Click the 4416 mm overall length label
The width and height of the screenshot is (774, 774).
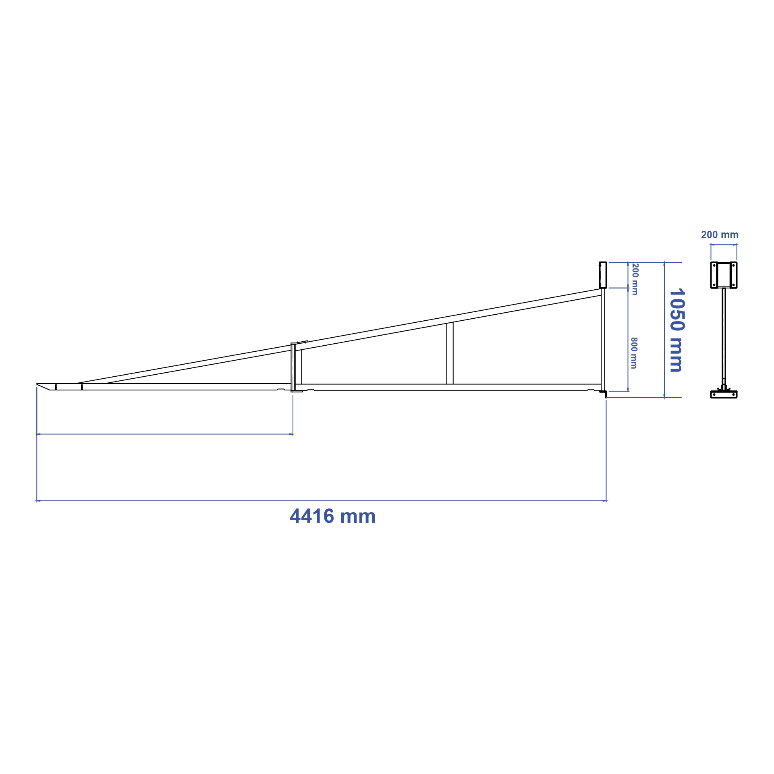(x=333, y=517)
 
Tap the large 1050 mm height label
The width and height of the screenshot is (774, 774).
(x=677, y=330)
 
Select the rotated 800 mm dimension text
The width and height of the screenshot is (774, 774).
(x=634, y=353)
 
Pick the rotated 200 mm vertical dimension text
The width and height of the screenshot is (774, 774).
(x=635, y=279)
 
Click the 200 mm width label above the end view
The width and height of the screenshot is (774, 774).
(x=720, y=235)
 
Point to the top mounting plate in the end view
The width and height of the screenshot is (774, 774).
(x=724, y=275)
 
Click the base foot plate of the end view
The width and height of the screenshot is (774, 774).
(x=724, y=394)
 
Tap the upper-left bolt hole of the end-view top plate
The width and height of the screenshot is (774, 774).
(x=714, y=266)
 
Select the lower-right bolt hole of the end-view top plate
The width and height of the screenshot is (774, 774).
(x=733, y=285)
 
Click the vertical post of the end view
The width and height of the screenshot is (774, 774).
(x=724, y=334)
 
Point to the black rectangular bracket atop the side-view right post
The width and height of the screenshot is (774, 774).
(x=603, y=275)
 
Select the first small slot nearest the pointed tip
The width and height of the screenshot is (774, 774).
(x=56, y=387)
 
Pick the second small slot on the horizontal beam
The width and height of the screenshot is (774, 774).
(x=82, y=387)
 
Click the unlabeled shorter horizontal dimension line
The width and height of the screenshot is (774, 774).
(x=165, y=434)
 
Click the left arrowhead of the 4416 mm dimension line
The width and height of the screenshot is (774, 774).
(x=38, y=501)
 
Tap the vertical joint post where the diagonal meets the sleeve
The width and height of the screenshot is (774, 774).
(x=293, y=367)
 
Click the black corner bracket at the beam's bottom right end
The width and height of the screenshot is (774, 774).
(x=604, y=393)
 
